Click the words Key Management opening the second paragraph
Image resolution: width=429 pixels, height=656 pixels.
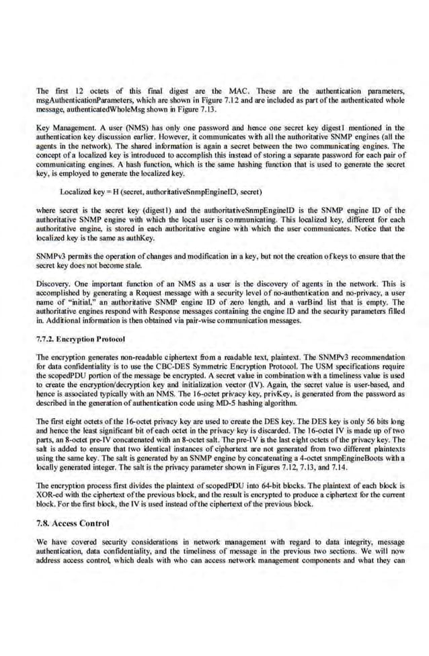[63, 128]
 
